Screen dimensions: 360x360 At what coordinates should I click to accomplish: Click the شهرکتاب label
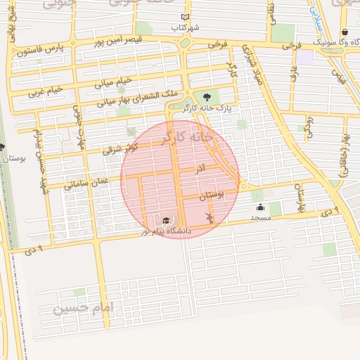click(186, 27)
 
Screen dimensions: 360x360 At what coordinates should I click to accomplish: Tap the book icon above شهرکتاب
click(185, 17)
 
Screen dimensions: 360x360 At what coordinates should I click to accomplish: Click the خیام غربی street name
click(46, 90)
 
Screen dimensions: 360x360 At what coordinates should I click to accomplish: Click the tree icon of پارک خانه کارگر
click(206, 97)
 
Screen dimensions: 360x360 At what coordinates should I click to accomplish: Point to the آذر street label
click(200, 169)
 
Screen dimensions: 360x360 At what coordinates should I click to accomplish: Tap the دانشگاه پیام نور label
click(166, 230)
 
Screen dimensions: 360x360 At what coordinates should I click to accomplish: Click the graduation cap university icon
click(165, 220)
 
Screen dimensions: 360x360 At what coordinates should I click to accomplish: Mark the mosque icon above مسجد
click(261, 207)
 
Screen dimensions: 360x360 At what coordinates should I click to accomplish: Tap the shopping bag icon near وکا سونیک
click(345, 32)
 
